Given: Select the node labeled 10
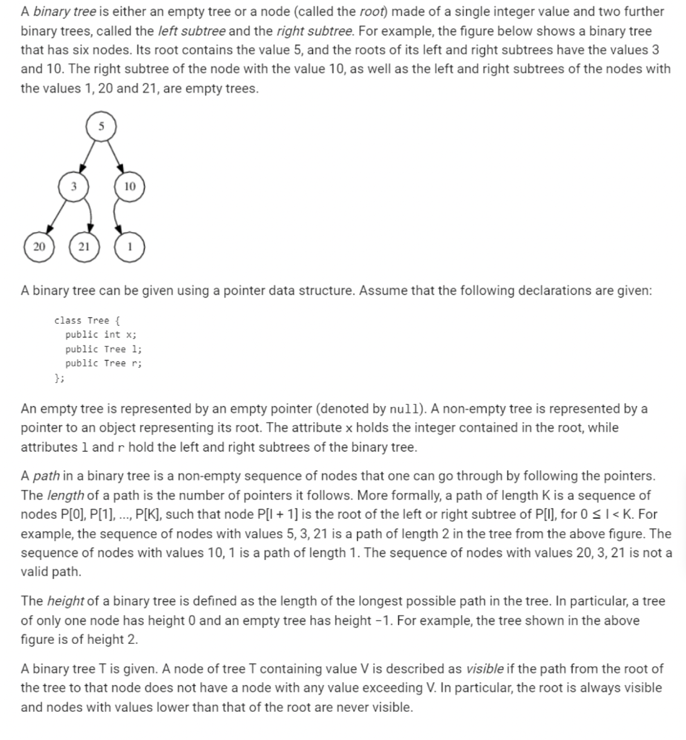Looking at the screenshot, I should tap(129, 186).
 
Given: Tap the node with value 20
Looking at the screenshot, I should tap(38, 246).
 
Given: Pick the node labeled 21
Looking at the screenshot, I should tap(84, 246).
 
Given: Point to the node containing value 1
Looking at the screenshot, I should tap(129, 246).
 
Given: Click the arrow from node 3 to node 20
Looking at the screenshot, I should tap(56, 217).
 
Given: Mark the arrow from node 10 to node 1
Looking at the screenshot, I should tap(125, 216).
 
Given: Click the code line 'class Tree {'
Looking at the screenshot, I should tap(82, 320).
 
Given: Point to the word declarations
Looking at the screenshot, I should tap(561, 291).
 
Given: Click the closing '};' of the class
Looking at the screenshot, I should tap(60, 377).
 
